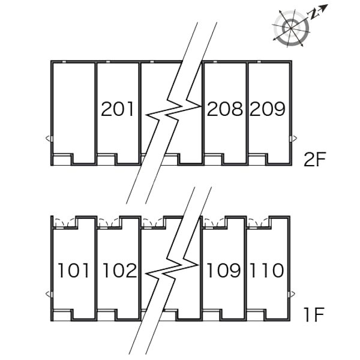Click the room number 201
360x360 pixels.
coord(118,109)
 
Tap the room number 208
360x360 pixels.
coord(225,109)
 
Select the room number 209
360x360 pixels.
coord(268,109)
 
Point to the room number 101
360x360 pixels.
coord(73,271)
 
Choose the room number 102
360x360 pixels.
coord(119,271)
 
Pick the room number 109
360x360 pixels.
coord(224,271)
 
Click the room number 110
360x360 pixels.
coord(267,271)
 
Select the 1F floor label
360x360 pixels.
coord(314,315)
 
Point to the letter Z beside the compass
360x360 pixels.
coord(314,15)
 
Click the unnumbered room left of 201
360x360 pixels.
coord(74,108)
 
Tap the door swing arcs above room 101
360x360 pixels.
coord(65,223)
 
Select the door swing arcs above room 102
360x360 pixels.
coord(110,223)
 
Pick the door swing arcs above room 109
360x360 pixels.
coord(215,223)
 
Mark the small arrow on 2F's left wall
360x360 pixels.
coord(48,139)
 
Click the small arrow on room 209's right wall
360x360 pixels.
coord(295,139)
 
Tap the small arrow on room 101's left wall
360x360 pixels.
coord(48,293)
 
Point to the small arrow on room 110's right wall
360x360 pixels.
coord(293,293)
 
